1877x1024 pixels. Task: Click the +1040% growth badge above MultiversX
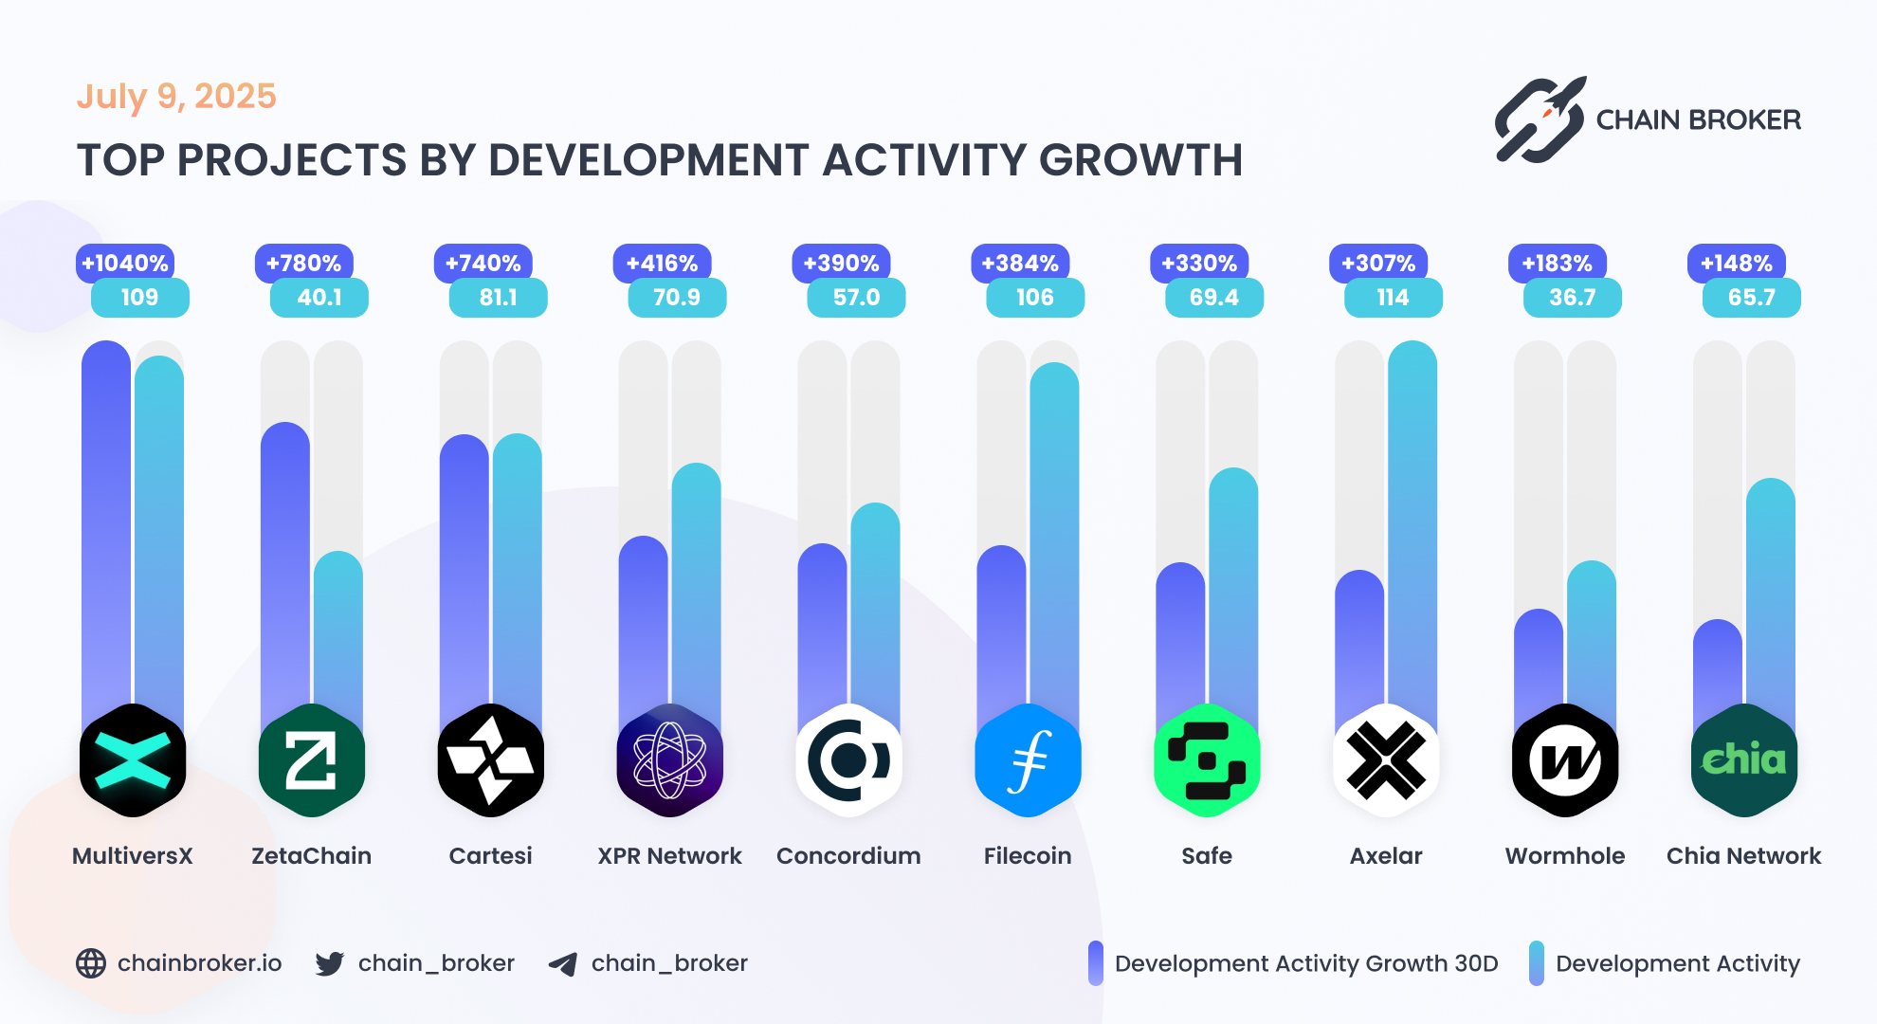[125, 263]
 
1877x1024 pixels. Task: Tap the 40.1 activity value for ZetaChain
[319, 298]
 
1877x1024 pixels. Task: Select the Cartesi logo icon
[490, 760]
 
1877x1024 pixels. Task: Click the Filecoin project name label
[1027, 856]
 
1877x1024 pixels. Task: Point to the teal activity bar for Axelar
[1412, 531]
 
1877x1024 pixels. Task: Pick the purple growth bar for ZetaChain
[284, 569]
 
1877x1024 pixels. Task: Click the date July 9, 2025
[176, 96]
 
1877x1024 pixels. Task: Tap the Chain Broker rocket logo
[1540, 120]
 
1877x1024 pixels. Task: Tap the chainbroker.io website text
[199, 963]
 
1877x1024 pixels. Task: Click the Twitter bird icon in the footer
[330, 964]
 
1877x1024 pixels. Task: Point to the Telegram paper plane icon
[563, 964]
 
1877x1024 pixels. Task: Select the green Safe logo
[1206, 760]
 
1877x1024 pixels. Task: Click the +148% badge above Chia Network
[1736, 263]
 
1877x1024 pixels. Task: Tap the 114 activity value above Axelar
[1393, 298]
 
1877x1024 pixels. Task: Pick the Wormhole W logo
[1564, 760]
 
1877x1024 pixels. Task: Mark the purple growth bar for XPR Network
[643, 626]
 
